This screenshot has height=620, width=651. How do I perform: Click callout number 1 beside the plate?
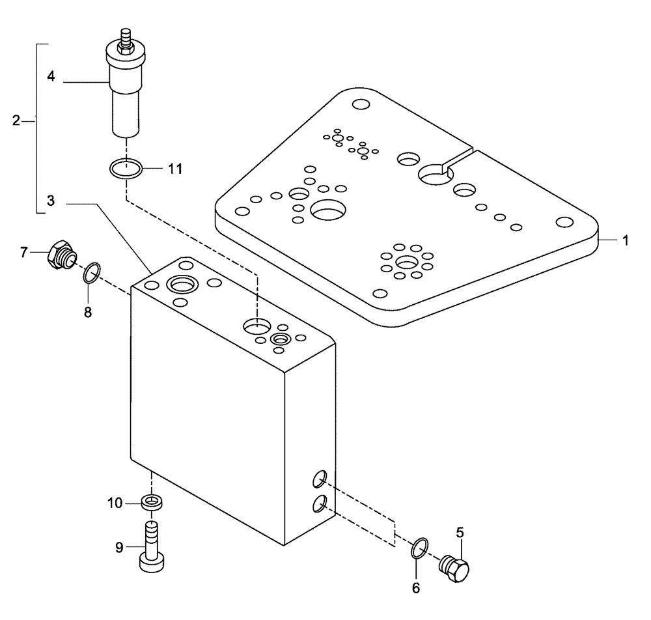624,240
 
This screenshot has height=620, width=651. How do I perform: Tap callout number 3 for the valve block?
51,203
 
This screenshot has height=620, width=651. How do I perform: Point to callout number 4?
51,76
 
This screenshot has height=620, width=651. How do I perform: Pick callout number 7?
24,251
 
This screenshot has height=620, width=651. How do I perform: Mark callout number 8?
88,312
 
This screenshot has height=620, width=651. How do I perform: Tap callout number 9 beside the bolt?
119,548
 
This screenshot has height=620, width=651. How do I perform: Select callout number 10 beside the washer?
115,502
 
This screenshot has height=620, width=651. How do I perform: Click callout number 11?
174,169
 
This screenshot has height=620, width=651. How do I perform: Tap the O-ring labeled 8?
92,274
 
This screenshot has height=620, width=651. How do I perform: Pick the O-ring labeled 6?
420,548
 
